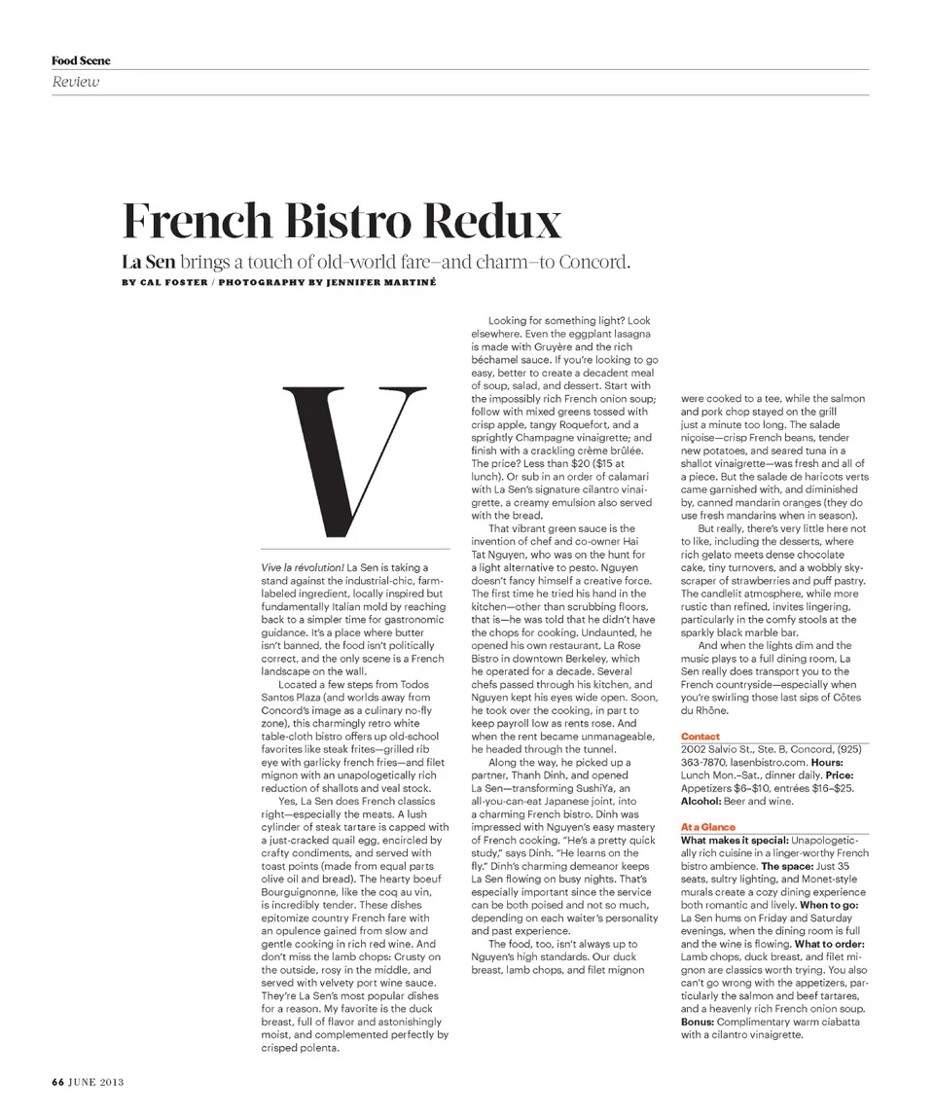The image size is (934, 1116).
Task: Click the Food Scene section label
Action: (x=81, y=60)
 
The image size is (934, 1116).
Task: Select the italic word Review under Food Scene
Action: (x=75, y=82)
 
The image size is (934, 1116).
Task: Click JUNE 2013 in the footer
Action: (x=96, y=1081)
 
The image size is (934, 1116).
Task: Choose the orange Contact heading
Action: (x=700, y=737)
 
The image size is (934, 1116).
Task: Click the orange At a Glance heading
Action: (x=708, y=826)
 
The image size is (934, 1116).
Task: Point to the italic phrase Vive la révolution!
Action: (x=303, y=566)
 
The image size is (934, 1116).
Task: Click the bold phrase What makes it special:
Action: (x=735, y=839)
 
